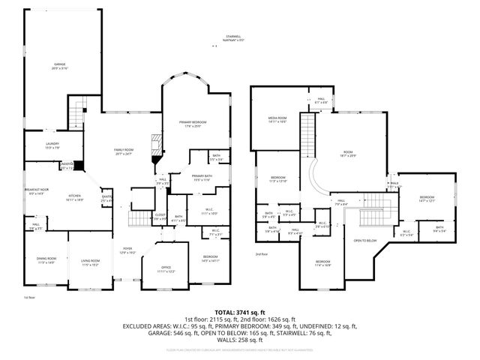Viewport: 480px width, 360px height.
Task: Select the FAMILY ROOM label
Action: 123,151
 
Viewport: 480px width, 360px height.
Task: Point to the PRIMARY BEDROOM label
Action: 193,121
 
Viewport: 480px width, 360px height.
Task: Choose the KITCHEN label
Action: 75,196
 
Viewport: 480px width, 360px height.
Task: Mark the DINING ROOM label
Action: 46,259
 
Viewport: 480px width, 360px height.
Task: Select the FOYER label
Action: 127,250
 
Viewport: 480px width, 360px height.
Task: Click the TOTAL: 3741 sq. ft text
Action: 239,311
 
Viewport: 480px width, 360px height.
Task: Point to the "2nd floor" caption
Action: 262,253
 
